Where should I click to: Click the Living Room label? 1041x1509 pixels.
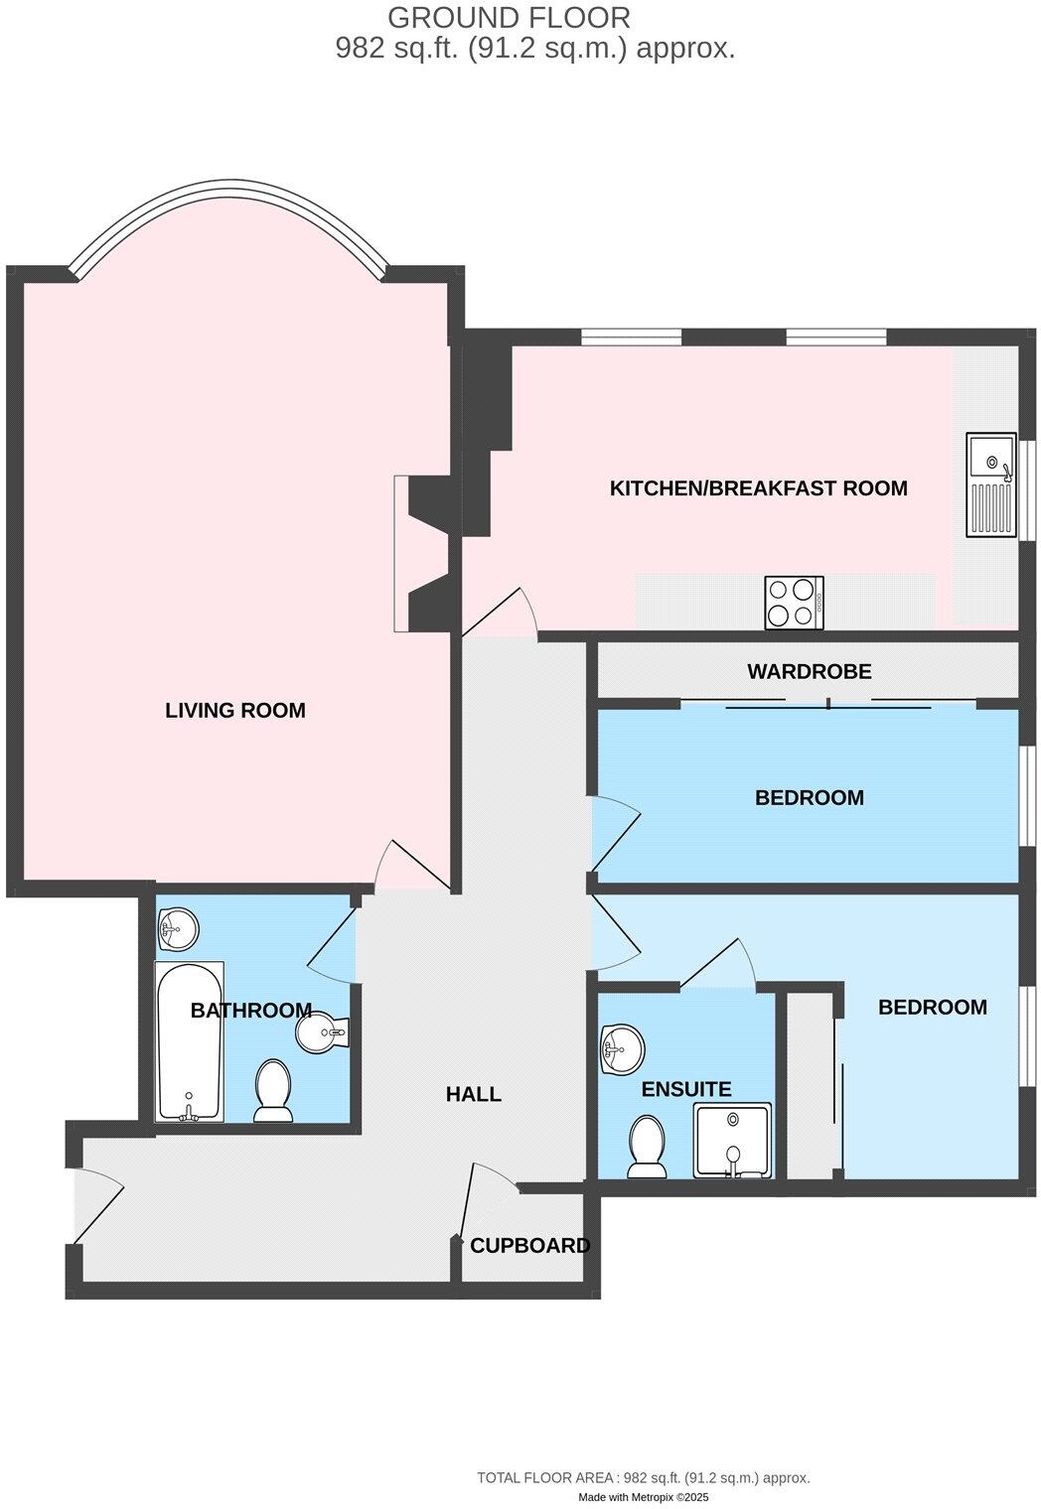click(x=234, y=711)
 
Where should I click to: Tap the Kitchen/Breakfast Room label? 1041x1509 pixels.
click(x=758, y=488)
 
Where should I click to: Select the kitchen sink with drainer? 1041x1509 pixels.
click(x=990, y=485)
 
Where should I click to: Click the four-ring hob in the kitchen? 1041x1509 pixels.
click(x=794, y=603)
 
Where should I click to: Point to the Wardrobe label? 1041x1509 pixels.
click(x=809, y=672)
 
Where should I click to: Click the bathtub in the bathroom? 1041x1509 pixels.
click(x=189, y=1041)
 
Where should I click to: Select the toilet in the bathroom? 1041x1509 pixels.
click(x=272, y=1090)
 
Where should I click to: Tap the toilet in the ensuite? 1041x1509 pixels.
click(x=648, y=1146)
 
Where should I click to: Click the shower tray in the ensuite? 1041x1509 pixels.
click(x=733, y=1141)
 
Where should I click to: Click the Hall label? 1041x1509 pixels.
click(x=474, y=1094)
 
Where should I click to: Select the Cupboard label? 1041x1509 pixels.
click(x=529, y=1246)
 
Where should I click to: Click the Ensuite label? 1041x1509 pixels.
click(x=685, y=1089)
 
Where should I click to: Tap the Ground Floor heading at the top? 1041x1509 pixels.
click(x=509, y=17)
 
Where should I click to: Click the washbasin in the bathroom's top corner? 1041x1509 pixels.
click(x=178, y=929)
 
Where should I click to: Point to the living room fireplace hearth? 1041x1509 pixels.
click(x=401, y=553)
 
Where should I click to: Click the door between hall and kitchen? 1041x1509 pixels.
click(x=500, y=614)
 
